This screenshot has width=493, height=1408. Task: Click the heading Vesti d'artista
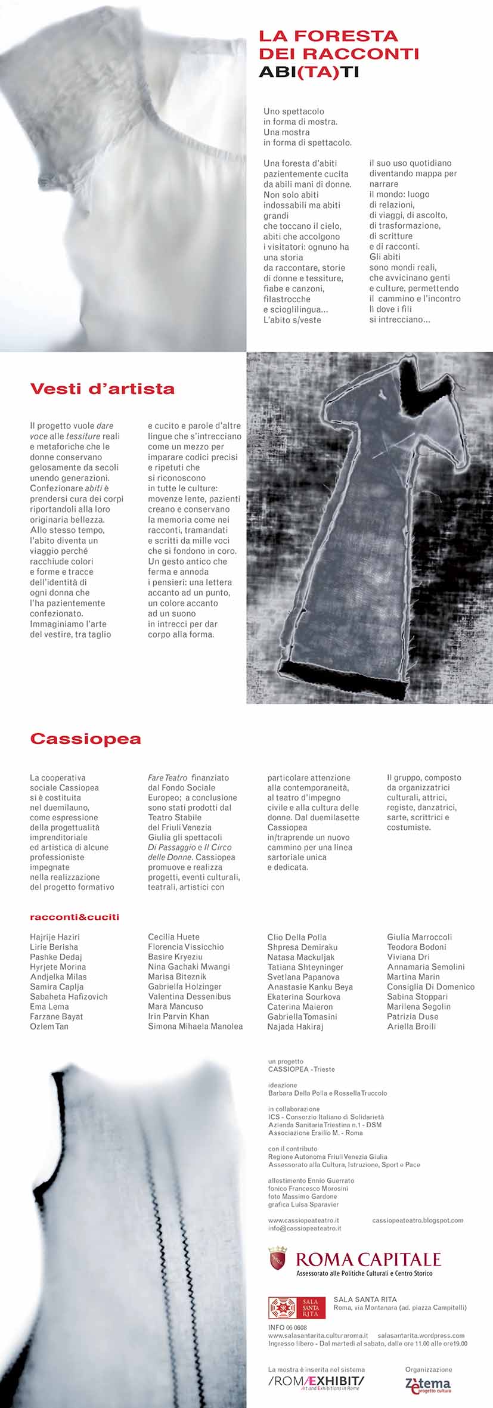pos(102,389)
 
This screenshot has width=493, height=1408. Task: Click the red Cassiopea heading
pos(85,739)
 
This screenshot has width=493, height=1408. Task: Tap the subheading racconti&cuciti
pos(75,917)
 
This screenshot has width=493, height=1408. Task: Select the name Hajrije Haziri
pos(55,937)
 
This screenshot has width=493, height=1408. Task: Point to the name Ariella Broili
pos(411,1026)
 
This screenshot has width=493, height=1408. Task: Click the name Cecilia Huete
pos(173,937)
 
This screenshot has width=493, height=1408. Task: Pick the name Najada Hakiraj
pos(294,1026)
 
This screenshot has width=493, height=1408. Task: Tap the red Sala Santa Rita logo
pos(297,1307)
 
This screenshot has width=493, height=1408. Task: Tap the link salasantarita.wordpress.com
pos(421,1336)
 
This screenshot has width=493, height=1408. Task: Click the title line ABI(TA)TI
pos(308,73)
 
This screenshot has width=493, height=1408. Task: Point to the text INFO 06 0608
pos(287,1328)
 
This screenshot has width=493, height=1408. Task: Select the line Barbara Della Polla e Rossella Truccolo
pos(327,1093)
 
